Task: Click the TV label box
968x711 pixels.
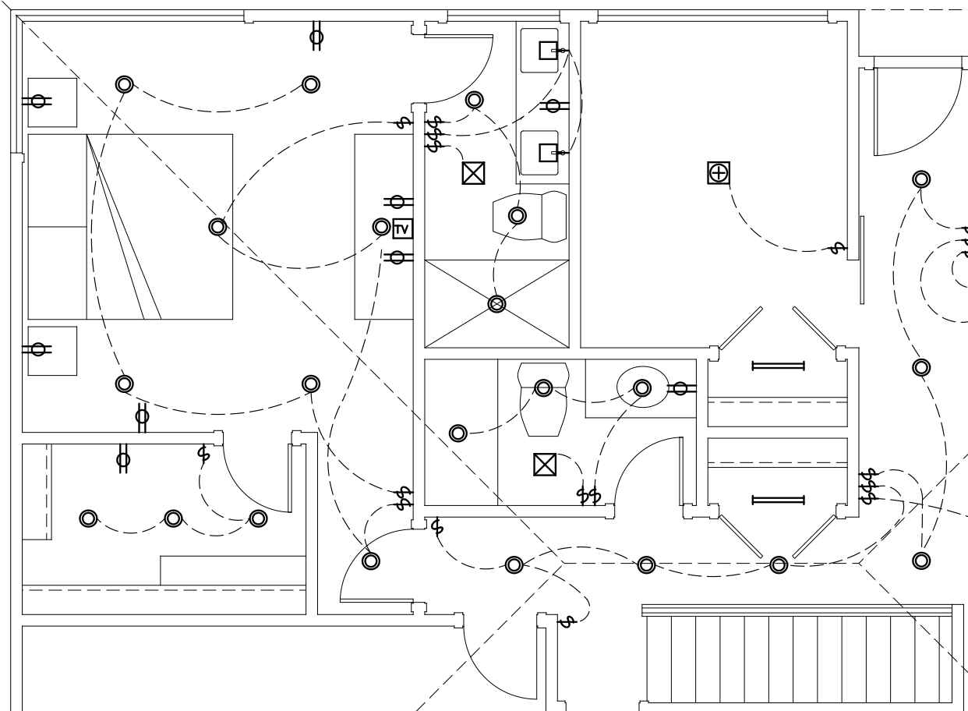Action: tap(402, 228)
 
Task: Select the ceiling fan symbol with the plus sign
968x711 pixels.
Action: tap(719, 173)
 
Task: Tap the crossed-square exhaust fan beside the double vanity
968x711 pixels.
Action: tap(473, 173)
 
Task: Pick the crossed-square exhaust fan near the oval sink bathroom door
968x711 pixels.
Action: tap(545, 465)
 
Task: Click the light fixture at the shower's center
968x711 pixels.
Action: tap(496, 304)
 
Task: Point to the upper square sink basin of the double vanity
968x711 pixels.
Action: tap(548, 50)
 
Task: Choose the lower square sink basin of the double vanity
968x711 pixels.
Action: tap(548, 153)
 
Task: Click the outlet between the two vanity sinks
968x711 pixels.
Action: tap(554, 105)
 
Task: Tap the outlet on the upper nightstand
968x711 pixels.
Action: tap(37, 101)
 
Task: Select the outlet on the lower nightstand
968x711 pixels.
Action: tap(37, 349)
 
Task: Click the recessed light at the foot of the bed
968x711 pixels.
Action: tap(217, 227)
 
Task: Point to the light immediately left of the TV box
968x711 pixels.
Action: tap(381, 227)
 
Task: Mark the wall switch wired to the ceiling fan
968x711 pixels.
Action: tap(838, 248)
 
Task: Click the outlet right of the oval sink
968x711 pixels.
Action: tap(681, 388)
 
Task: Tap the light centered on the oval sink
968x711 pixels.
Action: tap(642, 387)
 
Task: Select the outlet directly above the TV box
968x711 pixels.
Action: tap(397, 202)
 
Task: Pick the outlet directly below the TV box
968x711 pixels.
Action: tap(397, 257)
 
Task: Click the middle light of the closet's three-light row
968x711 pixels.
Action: tap(173, 518)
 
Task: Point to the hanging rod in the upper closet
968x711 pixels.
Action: tap(779, 366)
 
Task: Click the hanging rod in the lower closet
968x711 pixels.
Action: tap(779, 500)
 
